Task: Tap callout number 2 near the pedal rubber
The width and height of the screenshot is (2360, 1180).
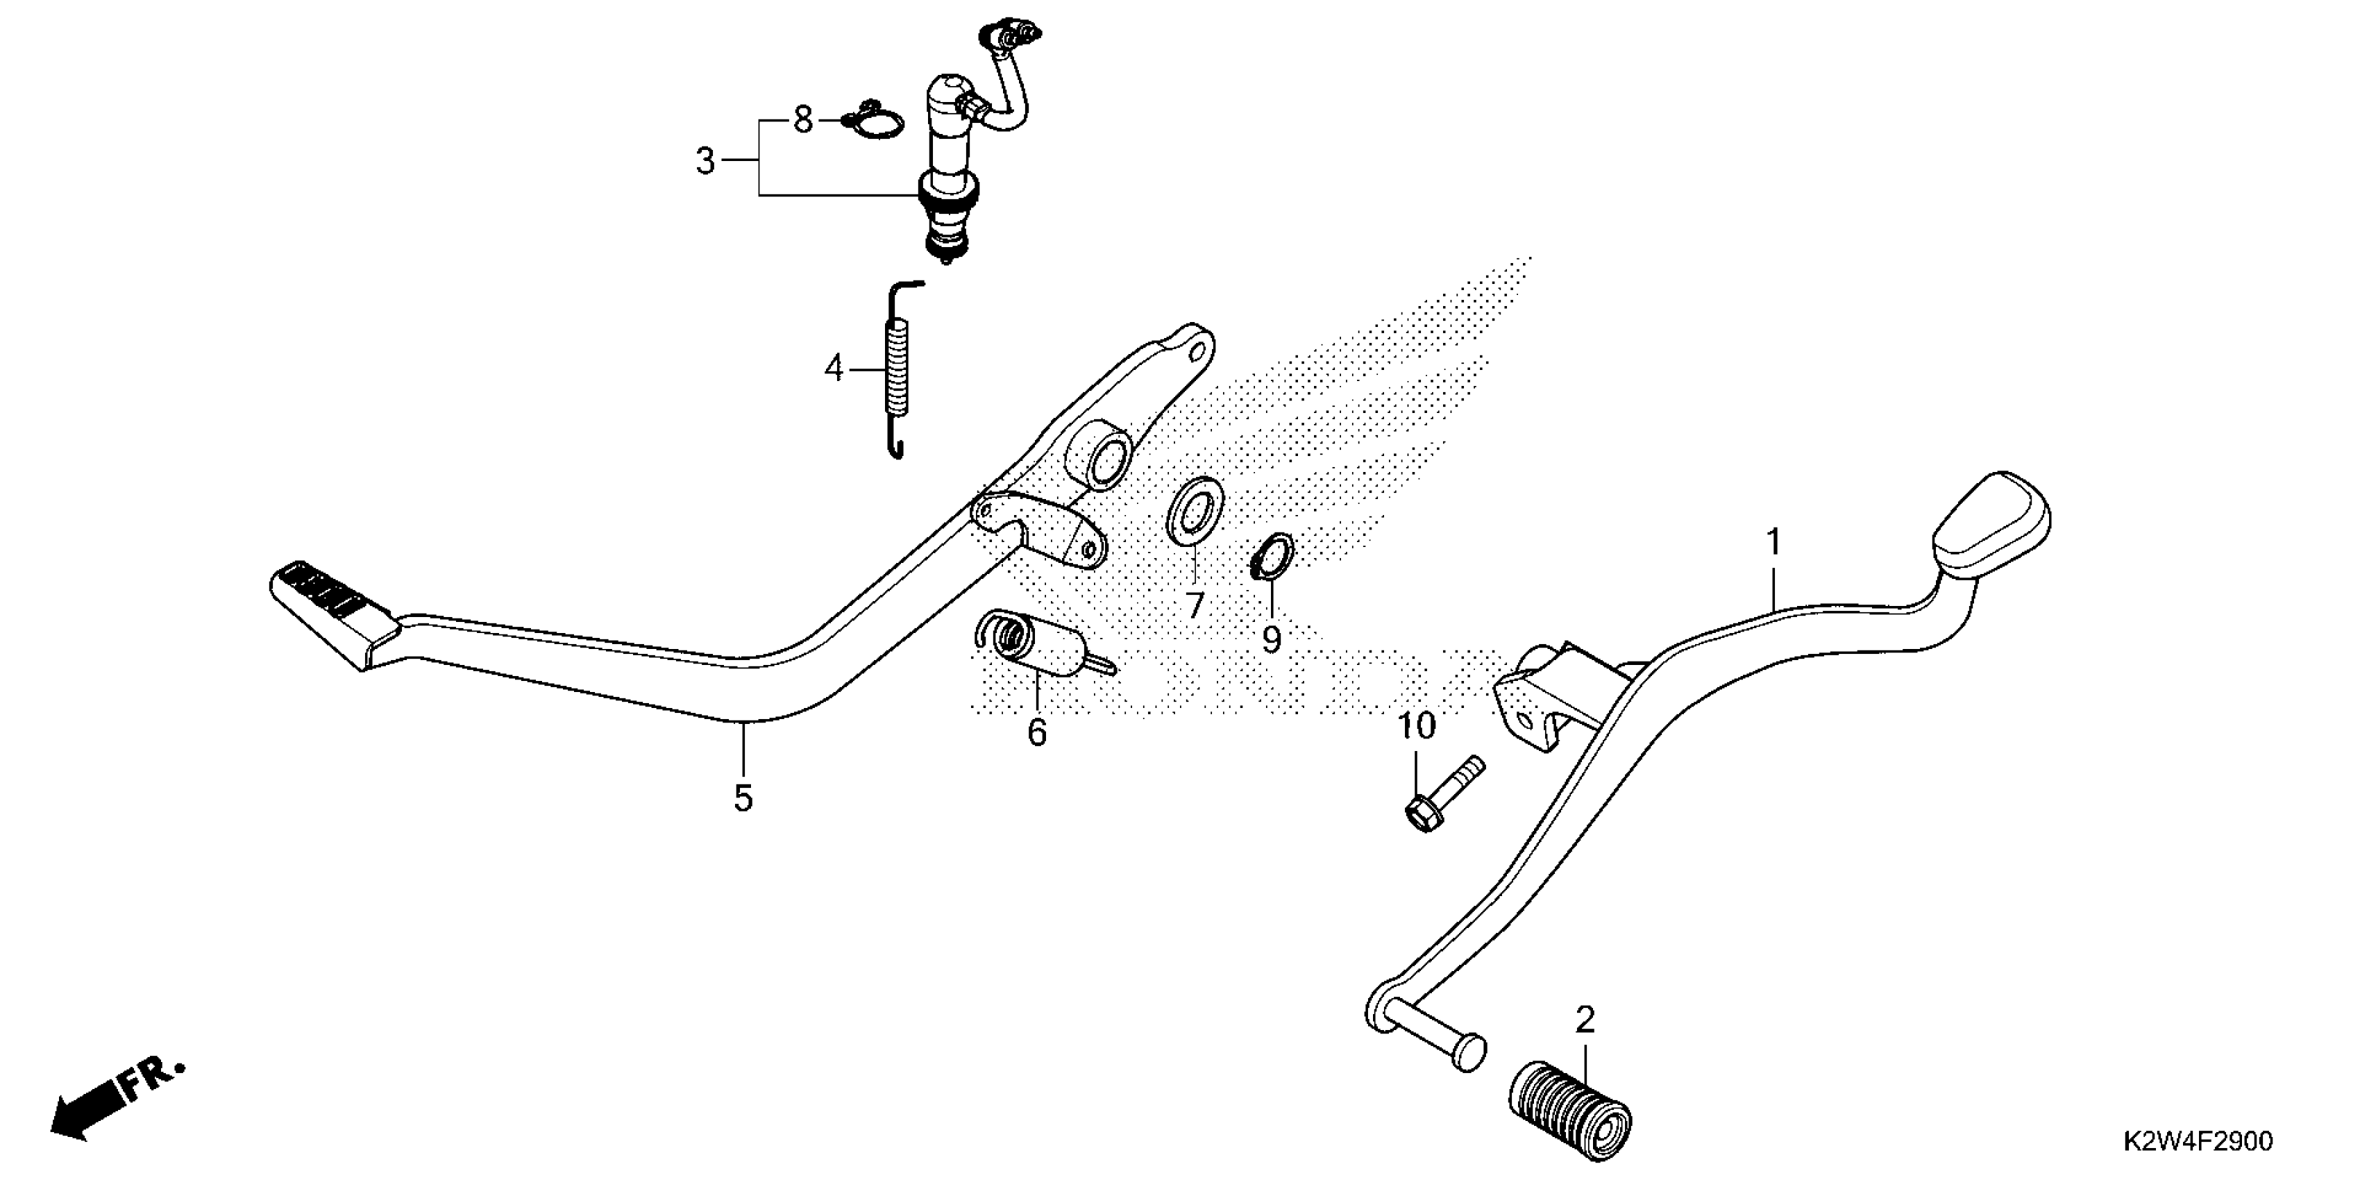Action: (1585, 1019)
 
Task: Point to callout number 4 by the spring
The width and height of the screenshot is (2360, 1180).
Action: (833, 369)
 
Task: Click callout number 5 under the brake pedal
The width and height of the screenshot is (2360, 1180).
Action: (743, 799)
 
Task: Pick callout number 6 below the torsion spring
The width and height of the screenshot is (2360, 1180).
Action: (1036, 732)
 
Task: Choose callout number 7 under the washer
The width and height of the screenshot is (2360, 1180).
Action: (1194, 605)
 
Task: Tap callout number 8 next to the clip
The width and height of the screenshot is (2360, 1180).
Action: (802, 120)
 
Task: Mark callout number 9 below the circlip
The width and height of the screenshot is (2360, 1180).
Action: (1271, 639)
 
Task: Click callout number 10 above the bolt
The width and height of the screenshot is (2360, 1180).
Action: (1417, 727)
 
